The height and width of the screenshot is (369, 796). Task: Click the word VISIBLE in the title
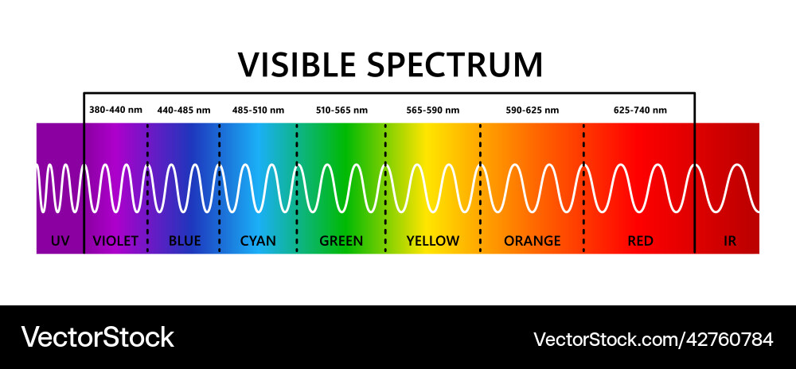point(296,64)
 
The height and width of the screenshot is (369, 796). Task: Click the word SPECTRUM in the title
point(455,64)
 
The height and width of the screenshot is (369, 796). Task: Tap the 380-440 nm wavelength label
point(115,110)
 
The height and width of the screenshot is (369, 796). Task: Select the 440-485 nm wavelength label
point(184,110)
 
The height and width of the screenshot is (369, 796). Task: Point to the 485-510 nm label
point(259,110)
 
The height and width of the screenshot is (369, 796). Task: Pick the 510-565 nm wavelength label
point(341,110)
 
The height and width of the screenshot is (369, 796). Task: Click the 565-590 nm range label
point(433,110)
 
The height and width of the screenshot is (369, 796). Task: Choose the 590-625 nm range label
point(533,110)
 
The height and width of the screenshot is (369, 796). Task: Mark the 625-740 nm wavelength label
point(640,110)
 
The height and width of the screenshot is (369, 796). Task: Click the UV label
point(60,241)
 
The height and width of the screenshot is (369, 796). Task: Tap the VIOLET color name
point(115,241)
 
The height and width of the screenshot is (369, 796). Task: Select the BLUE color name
point(185,241)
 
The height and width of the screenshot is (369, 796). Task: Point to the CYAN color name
point(258,241)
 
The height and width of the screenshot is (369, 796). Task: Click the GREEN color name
point(341,241)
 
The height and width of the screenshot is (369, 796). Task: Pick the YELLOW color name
point(433,241)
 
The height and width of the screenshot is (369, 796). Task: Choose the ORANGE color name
point(533,241)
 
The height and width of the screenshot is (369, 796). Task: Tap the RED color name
point(641,241)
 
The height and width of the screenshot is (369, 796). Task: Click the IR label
point(730,241)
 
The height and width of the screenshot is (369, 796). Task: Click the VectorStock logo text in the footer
point(97,337)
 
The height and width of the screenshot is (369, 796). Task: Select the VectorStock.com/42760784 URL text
point(653,339)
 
